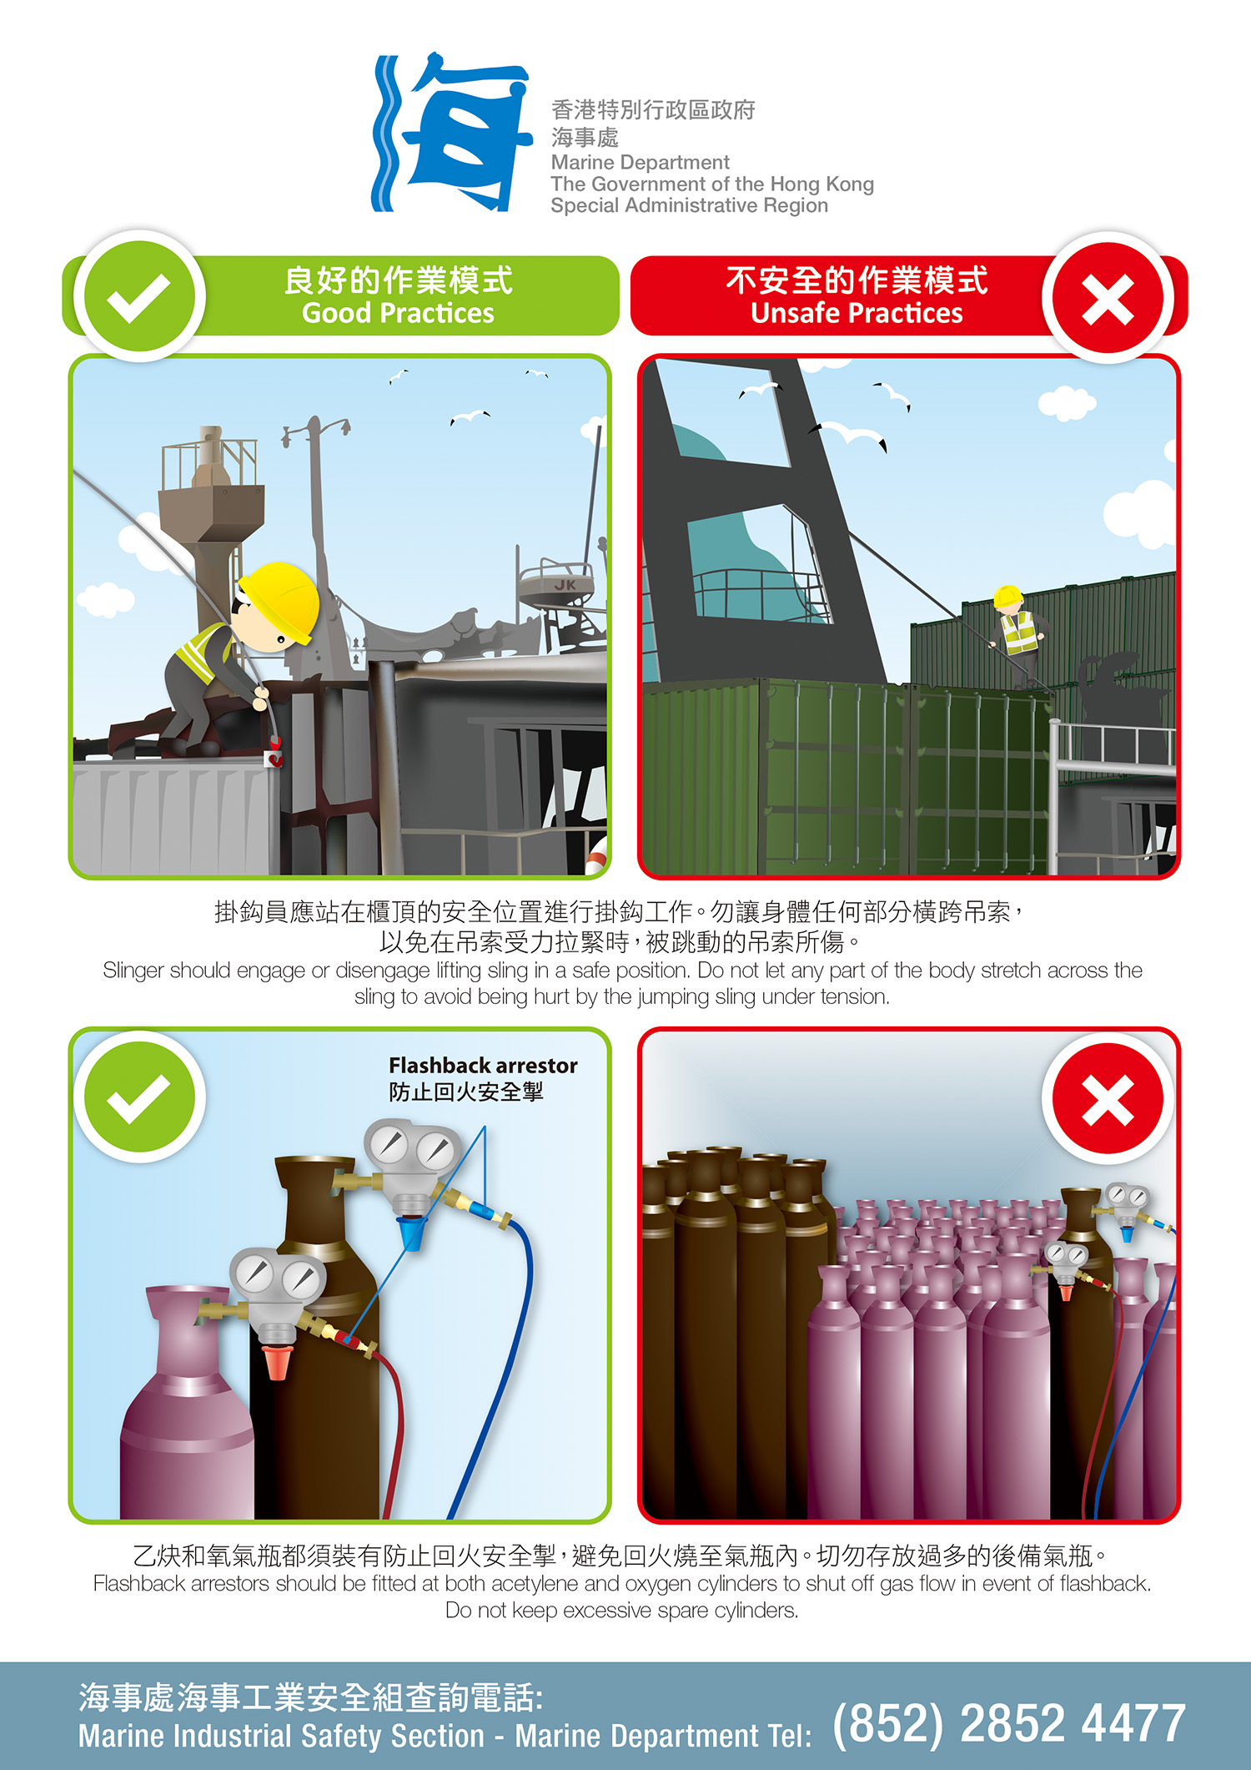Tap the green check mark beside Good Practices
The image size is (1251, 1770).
point(139,297)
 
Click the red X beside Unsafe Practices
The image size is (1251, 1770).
point(1108,298)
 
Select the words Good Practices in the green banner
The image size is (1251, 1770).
point(398,313)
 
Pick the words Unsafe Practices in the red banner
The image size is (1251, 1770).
point(857,313)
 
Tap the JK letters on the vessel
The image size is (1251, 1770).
point(565,585)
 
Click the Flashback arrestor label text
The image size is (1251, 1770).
point(483,1066)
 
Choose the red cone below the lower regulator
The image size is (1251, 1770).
point(275,1360)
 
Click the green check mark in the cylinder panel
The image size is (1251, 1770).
point(139,1097)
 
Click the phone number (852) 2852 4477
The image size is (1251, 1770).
point(1009,1723)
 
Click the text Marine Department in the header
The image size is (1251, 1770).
point(640,162)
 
